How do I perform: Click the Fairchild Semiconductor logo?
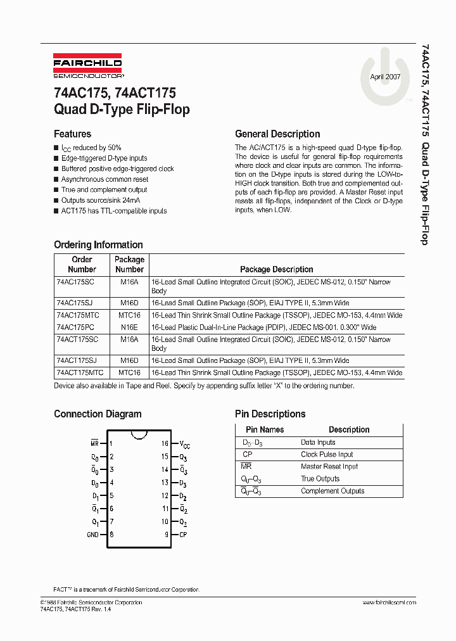[87, 67]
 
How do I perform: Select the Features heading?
[72, 134]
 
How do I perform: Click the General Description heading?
[277, 134]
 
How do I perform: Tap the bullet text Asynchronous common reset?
[104, 179]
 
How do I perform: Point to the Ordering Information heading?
[98, 244]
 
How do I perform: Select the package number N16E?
[129, 327]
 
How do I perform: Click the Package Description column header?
[276, 269]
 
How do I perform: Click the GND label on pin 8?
[92, 535]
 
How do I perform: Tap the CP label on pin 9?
[183, 535]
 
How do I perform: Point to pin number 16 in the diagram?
[165, 444]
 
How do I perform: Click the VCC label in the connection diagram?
[184, 445]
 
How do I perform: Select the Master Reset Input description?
[329, 467]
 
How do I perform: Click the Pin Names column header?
[265, 429]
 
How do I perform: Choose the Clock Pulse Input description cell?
[327, 455]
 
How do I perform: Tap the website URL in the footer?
[389, 602]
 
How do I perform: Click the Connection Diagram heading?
[98, 414]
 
